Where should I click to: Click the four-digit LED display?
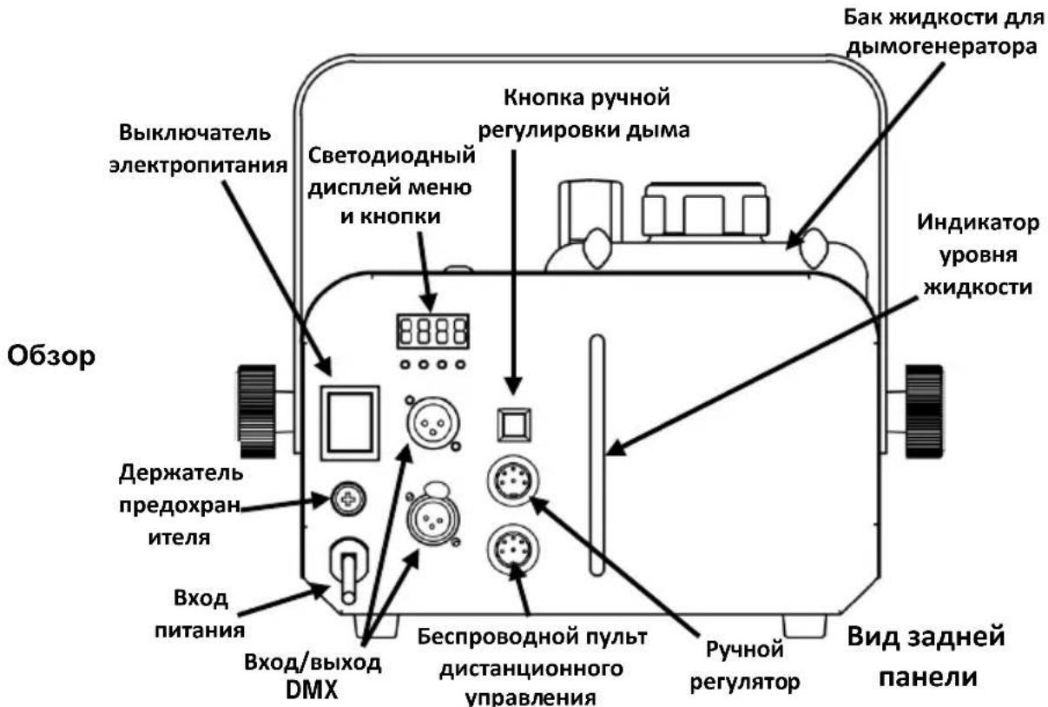point(432,331)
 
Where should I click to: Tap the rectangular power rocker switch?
point(350,423)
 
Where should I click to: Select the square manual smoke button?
point(514,425)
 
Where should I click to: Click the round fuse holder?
point(348,499)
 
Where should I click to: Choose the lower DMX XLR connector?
point(433,519)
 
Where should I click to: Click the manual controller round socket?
point(513,480)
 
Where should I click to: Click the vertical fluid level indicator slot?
point(597,455)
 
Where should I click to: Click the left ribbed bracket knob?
point(257,412)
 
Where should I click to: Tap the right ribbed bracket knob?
point(924,412)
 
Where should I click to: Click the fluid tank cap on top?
point(706,210)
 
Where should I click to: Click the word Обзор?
point(51,357)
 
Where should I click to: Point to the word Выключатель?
point(195,133)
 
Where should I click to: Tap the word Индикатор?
point(979,223)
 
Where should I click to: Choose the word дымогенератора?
point(942,48)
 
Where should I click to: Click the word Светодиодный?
point(392,156)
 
